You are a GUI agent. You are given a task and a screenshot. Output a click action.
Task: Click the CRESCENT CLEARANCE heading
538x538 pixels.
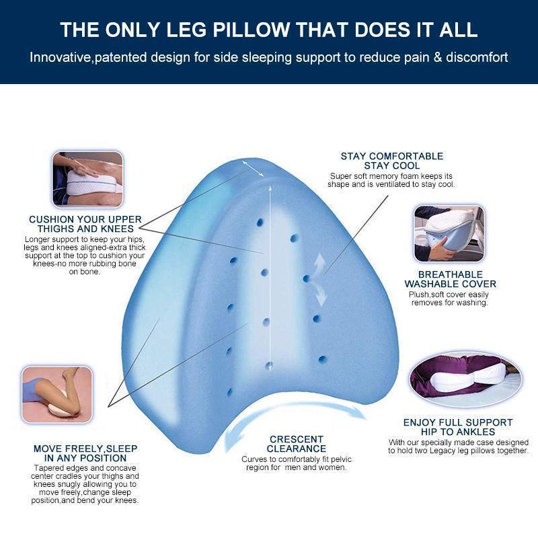pyautogui.click(x=296, y=444)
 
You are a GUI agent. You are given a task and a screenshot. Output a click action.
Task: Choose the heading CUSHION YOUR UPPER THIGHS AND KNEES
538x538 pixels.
pyautogui.click(x=85, y=224)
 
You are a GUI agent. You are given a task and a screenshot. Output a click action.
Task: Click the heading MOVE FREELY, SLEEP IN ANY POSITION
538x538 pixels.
pyautogui.click(x=85, y=453)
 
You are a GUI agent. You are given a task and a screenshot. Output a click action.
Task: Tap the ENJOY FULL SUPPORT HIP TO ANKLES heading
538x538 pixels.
pyautogui.click(x=457, y=427)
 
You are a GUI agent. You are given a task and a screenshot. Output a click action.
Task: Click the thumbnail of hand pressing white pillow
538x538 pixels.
pyautogui.click(x=87, y=179)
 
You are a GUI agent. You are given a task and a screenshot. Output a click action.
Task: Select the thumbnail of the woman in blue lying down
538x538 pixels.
pyautogui.click(x=56, y=394)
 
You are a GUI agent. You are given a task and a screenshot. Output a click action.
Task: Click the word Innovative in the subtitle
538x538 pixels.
pyautogui.click(x=59, y=56)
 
